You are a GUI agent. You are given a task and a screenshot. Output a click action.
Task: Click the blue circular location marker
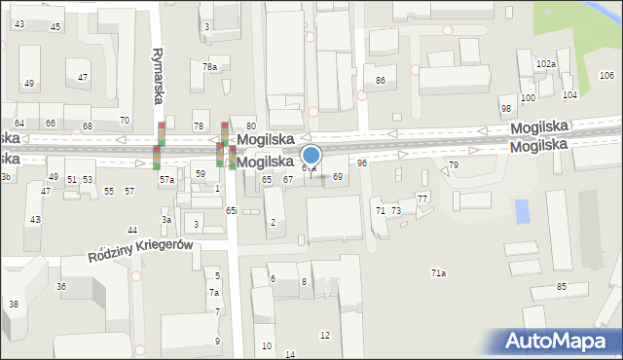[x=311, y=155]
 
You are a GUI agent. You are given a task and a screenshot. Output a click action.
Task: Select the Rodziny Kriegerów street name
[x=144, y=251]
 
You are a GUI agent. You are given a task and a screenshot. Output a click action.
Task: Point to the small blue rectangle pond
[x=523, y=209]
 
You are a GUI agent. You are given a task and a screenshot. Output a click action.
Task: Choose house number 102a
[x=546, y=64]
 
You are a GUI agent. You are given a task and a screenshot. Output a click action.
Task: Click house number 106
[x=606, y=76]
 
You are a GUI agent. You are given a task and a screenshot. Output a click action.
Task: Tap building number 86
[x=381, y=80]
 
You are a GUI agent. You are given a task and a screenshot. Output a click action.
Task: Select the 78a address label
[x=209, y=66]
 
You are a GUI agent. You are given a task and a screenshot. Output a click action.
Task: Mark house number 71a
[x=439, y=273]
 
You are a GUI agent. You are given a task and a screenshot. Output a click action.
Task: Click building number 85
[x=562, y=286]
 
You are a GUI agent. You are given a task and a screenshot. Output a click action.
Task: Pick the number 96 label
[x=362, y=162]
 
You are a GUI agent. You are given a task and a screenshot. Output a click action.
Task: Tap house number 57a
[x=167, y=180]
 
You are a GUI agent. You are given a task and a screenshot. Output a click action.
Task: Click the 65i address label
[x=232, y=210]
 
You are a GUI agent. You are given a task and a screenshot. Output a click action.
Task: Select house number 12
[x=325, y=335]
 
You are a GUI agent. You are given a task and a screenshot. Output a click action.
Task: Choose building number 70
[x=124, y=120]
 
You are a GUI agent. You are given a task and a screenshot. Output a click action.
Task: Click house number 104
[x=569, y=94]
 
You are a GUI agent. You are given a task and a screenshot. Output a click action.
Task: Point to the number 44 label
[x=132, y=230]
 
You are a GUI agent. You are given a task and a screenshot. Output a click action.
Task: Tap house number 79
[x=453, y=165]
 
